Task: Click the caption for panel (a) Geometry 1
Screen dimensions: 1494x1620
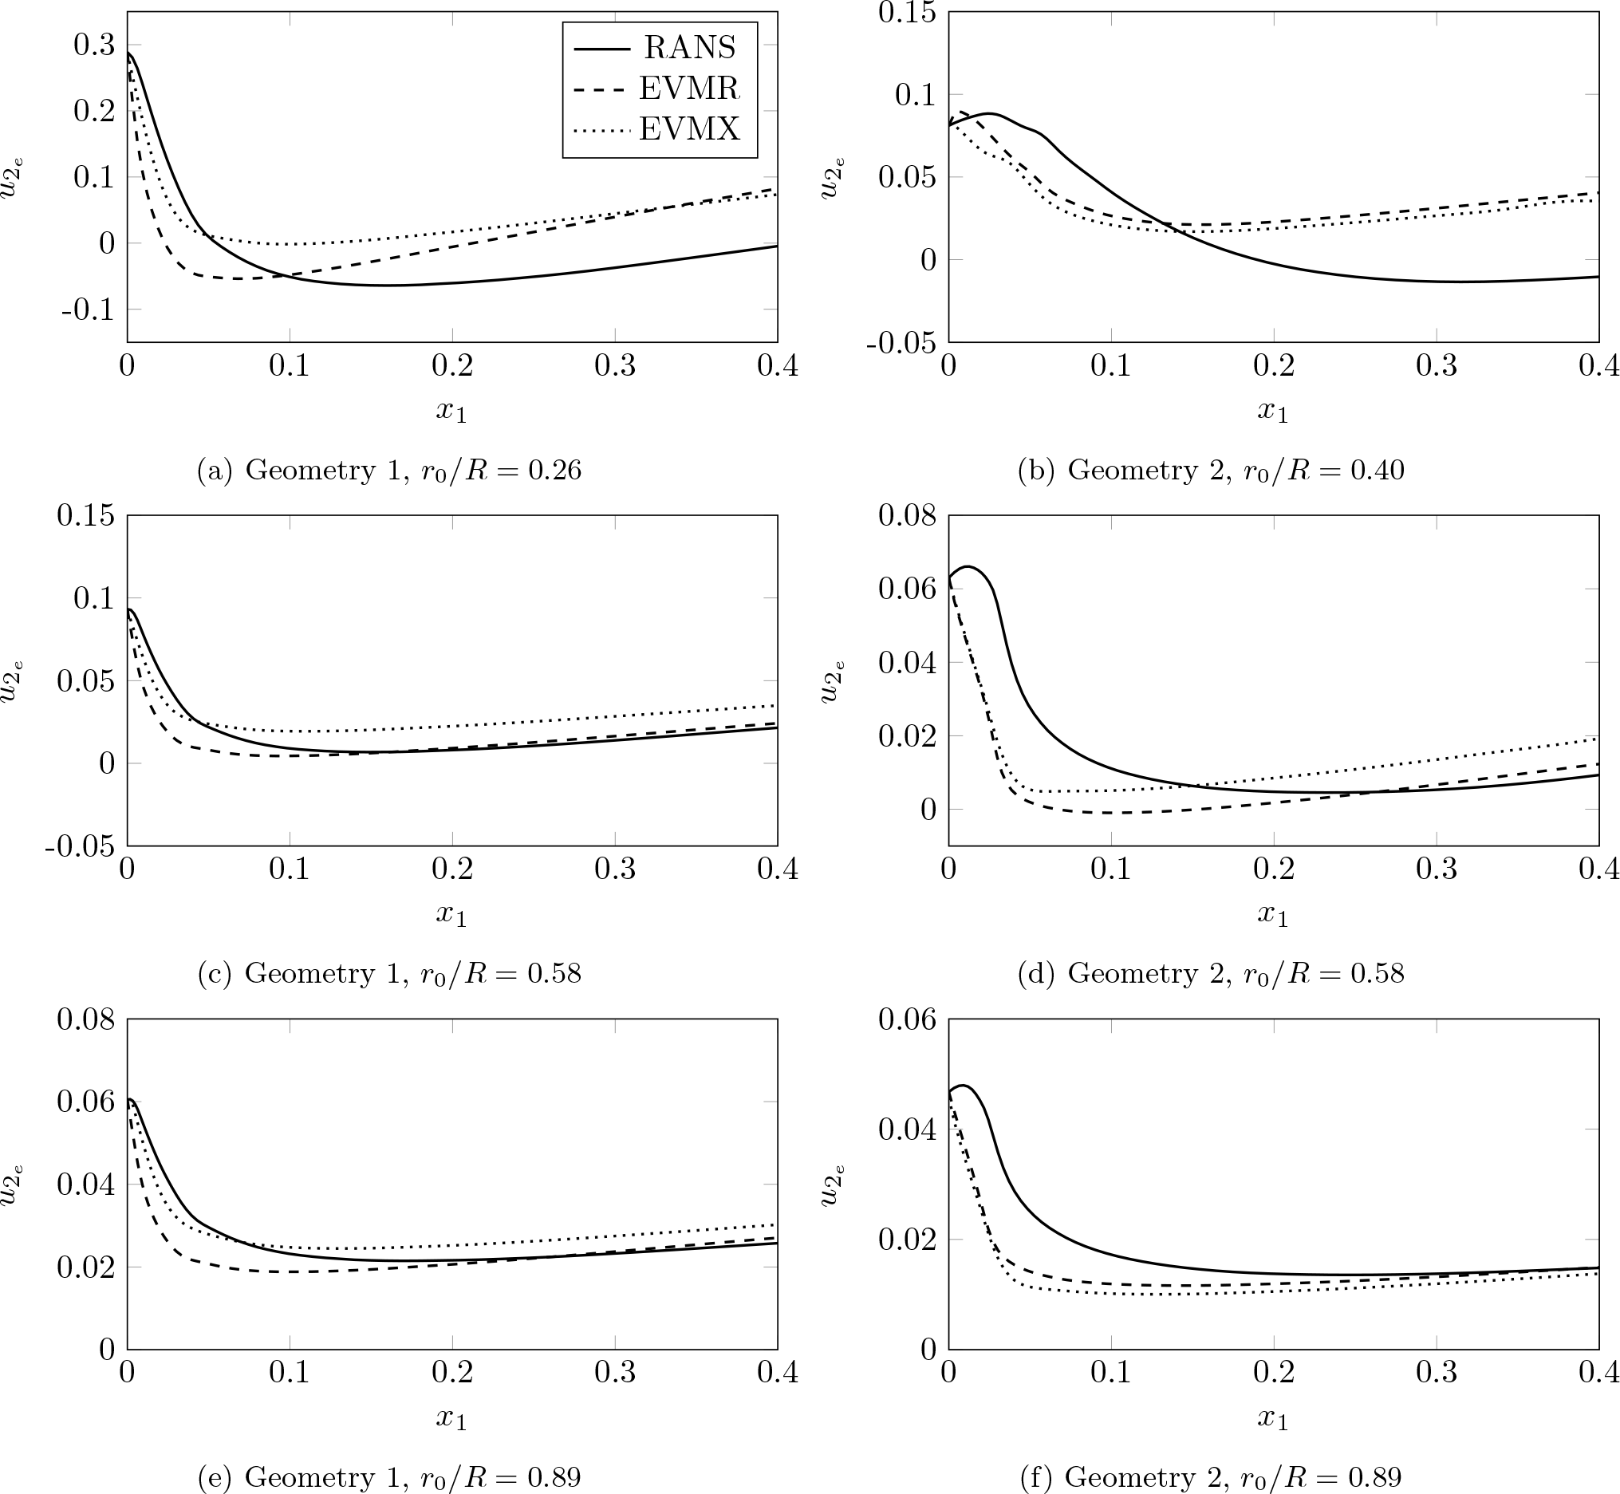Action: [x=388, y=471]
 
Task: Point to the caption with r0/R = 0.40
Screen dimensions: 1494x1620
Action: [x=1210, y=471]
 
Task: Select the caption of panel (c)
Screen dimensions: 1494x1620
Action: [x=388, y=973]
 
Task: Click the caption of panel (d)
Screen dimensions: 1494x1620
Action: [x=1210, y=973]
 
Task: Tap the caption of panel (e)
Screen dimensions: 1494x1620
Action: [x=388, y=1477]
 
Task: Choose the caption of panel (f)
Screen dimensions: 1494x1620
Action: [x=1210, y=1477]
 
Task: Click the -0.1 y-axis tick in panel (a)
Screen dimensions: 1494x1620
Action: [x=88, y=309]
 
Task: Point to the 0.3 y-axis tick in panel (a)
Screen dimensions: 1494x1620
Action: [x=94, y=45]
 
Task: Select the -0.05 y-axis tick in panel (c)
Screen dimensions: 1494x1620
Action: [x=80, y=846]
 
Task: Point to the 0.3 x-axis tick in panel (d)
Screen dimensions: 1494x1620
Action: [x=1437, y=869]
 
